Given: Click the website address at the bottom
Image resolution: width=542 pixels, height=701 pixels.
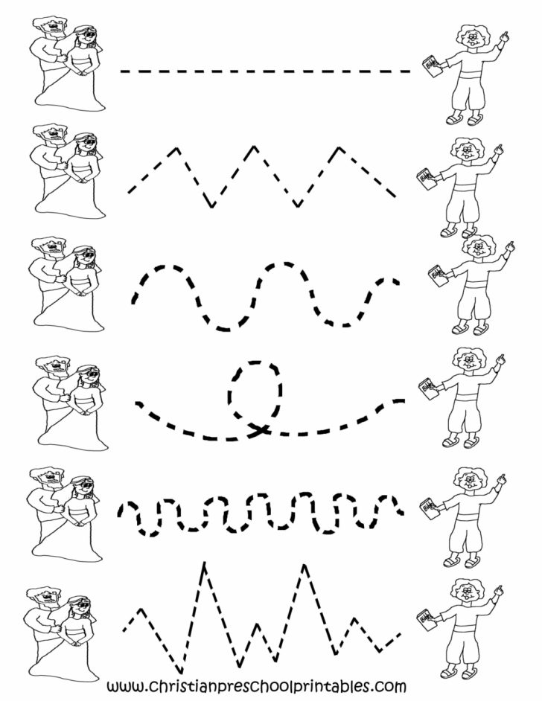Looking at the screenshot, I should [x=257, y=685].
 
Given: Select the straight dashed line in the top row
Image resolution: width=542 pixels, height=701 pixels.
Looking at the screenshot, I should [x=265, y=71].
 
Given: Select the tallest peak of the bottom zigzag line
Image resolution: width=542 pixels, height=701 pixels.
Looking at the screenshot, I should [x=203, y=569].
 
